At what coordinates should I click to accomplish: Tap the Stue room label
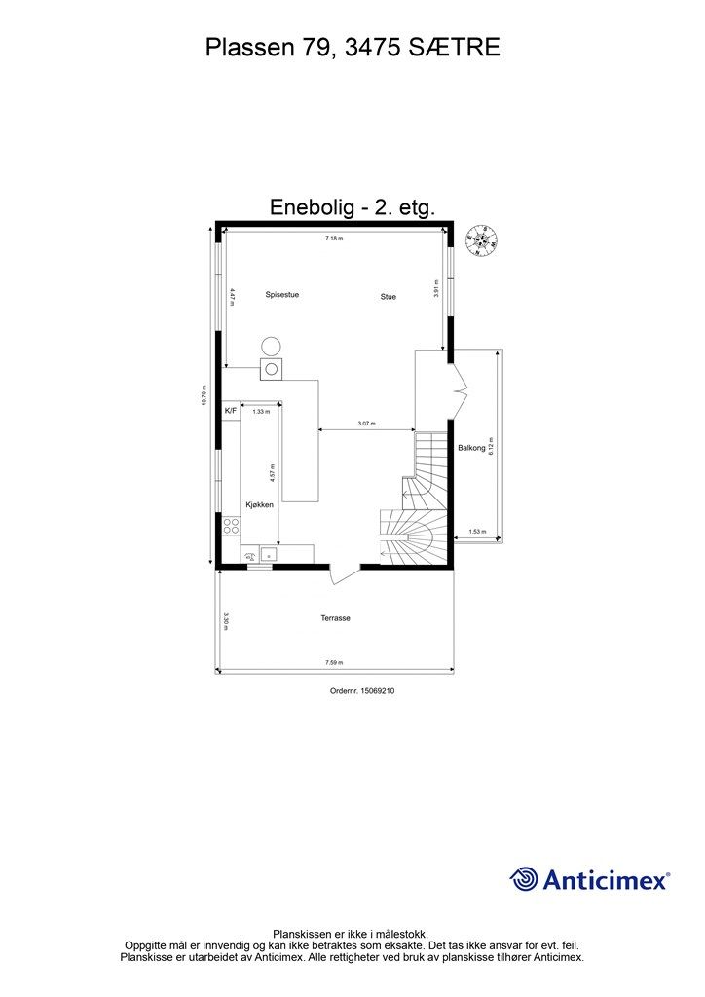(x=389, y=296)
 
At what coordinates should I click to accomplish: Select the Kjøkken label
(x=259, y=505)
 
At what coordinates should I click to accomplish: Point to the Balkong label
(x=471, y=448)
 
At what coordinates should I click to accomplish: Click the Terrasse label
(x=335, y=618)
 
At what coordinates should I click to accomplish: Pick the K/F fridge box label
(x=231, y=412)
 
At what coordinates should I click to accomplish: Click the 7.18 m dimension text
(x=334, y=238)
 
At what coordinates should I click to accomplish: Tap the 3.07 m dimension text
(x=366, y=424)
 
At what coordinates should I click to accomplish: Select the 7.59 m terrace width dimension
(x=334, y=663)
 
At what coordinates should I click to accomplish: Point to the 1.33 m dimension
(x=260, y=412)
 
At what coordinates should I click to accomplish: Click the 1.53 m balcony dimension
(x=476, y=531)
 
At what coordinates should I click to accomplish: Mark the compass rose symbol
(x=480, y=240)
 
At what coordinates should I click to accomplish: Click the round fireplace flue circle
(x=271, y=346)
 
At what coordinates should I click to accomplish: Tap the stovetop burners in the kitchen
(x=232, y=526)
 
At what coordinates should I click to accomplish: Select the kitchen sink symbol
(x=267, y=556)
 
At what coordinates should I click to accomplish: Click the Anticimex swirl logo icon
(x=524, y=879)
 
